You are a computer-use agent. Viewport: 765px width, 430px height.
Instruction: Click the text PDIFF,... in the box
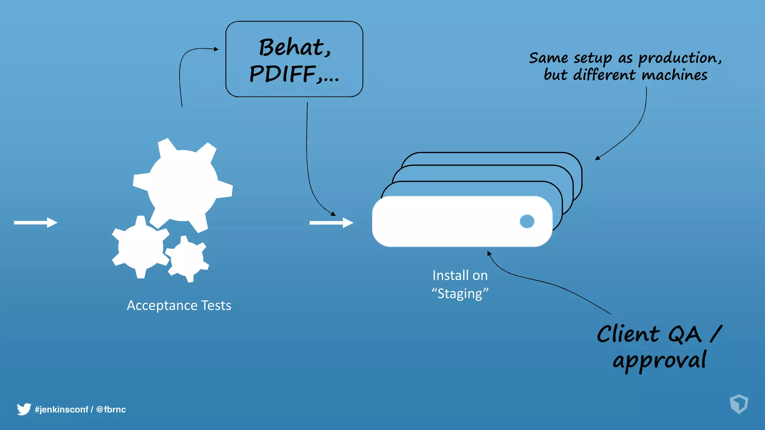294,74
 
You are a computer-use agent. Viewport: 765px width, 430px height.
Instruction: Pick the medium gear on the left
140,247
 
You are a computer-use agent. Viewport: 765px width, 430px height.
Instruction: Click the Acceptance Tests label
179,305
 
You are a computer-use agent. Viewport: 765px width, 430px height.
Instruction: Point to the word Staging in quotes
460,294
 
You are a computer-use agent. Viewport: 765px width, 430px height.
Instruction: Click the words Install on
460,275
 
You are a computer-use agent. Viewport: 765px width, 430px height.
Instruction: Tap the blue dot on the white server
527,221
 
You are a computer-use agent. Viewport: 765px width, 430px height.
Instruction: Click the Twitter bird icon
24,409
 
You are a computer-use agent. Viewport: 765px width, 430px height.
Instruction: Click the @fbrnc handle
111,409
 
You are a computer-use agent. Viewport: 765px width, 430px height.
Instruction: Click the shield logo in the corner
738,404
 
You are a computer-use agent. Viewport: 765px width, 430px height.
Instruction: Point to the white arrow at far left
35,222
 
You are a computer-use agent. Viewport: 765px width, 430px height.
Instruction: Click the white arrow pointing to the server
331,223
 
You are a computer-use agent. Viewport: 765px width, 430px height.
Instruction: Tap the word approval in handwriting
659,361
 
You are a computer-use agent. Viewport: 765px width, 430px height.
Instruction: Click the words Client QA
649,334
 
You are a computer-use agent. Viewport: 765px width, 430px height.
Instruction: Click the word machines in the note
674,75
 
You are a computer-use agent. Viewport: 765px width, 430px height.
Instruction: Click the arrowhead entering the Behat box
216,49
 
